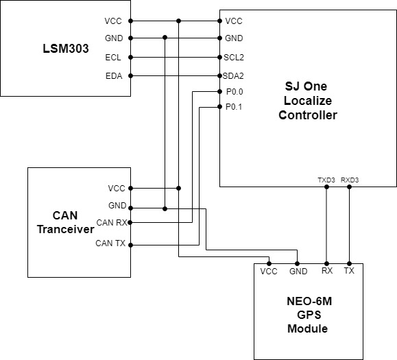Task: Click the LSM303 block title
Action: (x=66, y=49)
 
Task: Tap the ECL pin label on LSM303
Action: (x=113, y=58)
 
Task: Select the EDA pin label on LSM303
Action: (x=114, y=76)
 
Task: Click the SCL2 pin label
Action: (x=234, y=58)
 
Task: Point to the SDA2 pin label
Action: (x=233, y=76)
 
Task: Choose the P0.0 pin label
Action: (x=234, y=92)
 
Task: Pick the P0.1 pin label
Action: (x=234, y=107)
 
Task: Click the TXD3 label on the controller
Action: (x=326, y=180)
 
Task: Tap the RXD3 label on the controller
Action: (x=350, y=180)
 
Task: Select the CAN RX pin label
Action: (x=112, y=223)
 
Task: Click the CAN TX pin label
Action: (x=110, y=243)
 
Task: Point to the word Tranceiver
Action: (x=66, y=229)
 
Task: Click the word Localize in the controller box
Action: (x=308, y=101)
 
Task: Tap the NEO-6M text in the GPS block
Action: (x=309, y=301)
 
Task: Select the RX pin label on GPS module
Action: (x=327, y=271)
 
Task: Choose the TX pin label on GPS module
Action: (x=349, y=271)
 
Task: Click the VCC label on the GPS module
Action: (x=269, y=272)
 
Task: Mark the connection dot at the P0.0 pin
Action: (x=220, y=92)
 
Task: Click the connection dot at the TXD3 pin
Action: (x=326, y=187)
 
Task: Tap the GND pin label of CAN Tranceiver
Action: (x=117, y=205)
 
